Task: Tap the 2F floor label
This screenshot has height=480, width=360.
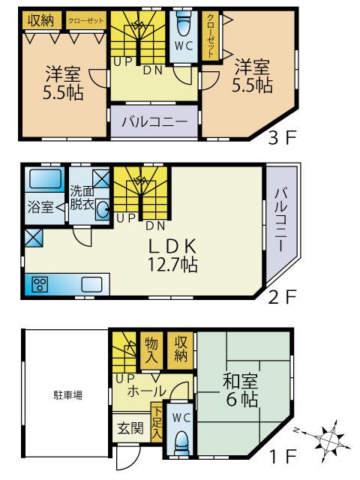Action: coord(284,296)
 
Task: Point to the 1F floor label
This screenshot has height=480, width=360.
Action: coord(284,456)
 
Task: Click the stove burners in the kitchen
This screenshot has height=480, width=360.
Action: coord(40,284)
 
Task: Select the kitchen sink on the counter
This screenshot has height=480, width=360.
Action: coord(92,284)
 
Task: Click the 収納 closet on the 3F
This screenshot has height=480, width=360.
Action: coord(40,20)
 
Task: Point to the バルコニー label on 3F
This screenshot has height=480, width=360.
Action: coord(154,121)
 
